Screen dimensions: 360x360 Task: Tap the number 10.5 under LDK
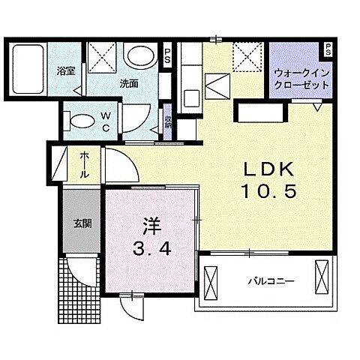268,191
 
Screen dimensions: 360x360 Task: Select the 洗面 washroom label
128,84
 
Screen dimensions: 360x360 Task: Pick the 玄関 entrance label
82,223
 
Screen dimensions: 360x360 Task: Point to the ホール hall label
83,163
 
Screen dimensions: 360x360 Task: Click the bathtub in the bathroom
28,69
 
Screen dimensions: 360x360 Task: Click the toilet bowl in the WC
79,120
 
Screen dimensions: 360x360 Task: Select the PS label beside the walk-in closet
328,49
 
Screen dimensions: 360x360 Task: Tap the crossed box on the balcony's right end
322,278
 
